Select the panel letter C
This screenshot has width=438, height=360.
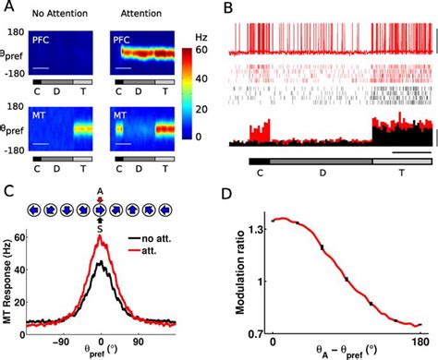(x=8, y=191)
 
